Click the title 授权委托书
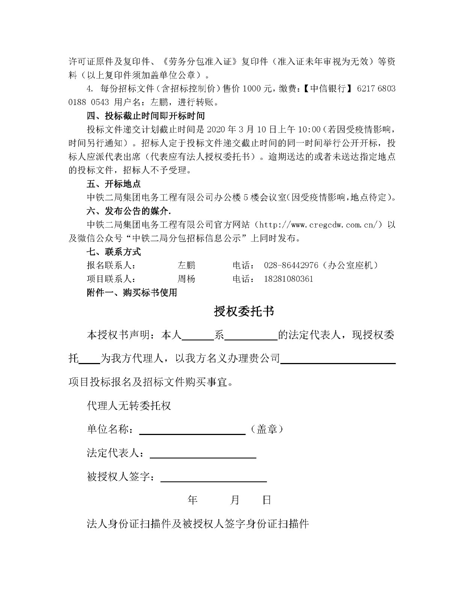[x=244, y=311]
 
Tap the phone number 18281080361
[x=288, y=279]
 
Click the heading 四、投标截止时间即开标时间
[x=146, y=115]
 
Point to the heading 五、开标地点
[x=113, y=184]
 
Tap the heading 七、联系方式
[x=113, y=252]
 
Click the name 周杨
[x=186, y=279]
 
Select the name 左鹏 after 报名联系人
[x=186, y=265]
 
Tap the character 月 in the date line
[x=235, y=500]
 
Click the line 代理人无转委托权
[x=129, y=406]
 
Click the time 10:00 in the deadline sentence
[x=309, y=129]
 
